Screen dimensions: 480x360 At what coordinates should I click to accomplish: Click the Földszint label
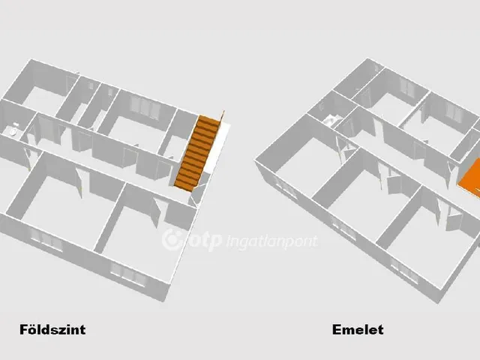coord(52,330)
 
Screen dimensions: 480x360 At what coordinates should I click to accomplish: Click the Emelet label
coord(358,330)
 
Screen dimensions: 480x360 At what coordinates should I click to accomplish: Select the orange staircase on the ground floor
coord(197,153)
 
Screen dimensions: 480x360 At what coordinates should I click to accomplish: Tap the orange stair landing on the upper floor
coord(470,178)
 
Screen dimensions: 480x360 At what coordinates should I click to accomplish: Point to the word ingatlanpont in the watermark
coord(271,241)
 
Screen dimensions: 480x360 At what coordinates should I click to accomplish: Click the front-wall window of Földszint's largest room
coord(46,238)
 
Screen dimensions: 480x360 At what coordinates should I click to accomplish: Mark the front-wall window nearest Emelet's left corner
coord(286,187)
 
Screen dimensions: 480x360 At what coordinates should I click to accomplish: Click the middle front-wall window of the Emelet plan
coord(343,227)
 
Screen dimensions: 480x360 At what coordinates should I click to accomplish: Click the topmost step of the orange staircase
coord(209,118)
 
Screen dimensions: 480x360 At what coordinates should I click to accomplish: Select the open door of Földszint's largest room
coord(79,183)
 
